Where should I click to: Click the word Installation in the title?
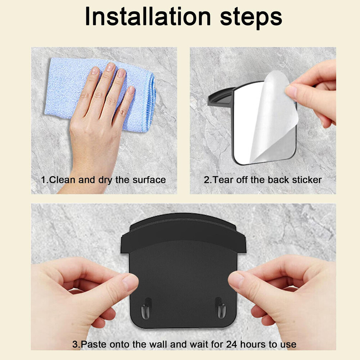pos(148,17)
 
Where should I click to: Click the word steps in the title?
pos(251,18)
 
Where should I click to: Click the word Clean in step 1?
pos(62,180)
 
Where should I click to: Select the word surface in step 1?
pos(149,180)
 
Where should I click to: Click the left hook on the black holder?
pos(145,309)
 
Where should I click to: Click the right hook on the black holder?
pos(221,308)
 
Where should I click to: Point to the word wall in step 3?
pos(158,345)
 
